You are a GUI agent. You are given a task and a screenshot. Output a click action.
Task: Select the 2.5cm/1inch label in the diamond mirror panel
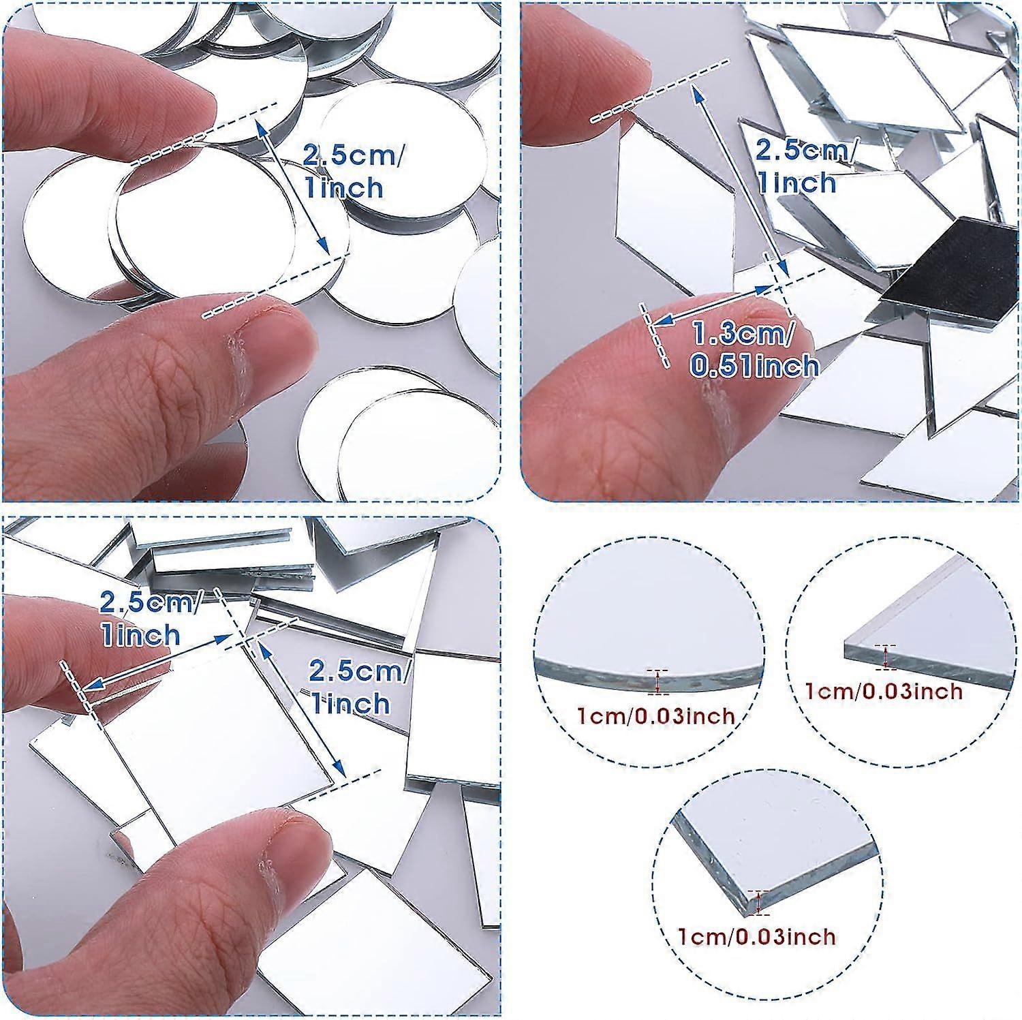pyautogui.click(x=803, y=167)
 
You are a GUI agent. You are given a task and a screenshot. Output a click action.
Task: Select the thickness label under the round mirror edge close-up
pyautogui.click(x=657, y=715)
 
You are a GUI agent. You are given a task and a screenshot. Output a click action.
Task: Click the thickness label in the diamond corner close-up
pyautogui.click(x=884, y=691)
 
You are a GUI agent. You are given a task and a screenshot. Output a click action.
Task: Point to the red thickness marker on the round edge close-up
pyautogui.click(x=657, y=681)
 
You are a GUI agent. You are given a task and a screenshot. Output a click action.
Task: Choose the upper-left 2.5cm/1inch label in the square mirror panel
pyautogui.click(x=150, y=619)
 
